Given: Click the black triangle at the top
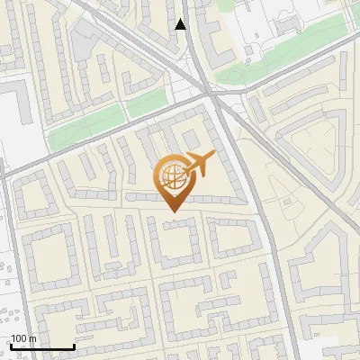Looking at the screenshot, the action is click(181, 24).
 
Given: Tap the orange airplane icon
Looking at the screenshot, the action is click(199, 164).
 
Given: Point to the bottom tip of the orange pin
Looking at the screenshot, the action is click(172, 211).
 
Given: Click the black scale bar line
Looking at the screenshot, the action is click(42, 347).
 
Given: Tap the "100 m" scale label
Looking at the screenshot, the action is click(23, 338).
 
